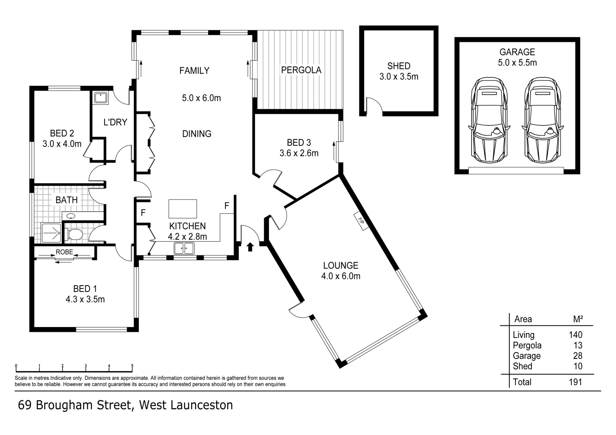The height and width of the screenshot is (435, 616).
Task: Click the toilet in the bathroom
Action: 73,234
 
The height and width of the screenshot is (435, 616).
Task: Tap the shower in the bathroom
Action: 51,233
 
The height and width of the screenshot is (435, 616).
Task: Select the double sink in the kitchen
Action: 184,248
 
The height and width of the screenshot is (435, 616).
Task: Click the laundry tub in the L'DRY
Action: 101,98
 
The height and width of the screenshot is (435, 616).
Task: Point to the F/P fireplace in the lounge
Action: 361,221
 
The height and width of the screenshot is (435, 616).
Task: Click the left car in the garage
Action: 489,120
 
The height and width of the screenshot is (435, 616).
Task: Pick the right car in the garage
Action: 543,120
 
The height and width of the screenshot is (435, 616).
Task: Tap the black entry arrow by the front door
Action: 250,247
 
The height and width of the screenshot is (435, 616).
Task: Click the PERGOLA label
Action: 301,70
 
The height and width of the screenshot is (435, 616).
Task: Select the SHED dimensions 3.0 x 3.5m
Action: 399,77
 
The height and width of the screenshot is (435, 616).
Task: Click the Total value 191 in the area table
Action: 575,382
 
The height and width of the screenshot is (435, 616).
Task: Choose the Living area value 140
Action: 576,335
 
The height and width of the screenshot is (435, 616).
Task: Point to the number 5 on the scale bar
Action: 132,366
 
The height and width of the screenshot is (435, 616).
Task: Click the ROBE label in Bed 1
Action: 65,252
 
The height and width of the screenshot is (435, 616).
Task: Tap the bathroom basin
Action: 71,216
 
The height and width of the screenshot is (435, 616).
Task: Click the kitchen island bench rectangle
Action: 183,209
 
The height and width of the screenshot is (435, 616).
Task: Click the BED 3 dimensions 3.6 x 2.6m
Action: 299,153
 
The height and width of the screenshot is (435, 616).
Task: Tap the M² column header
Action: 578,319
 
